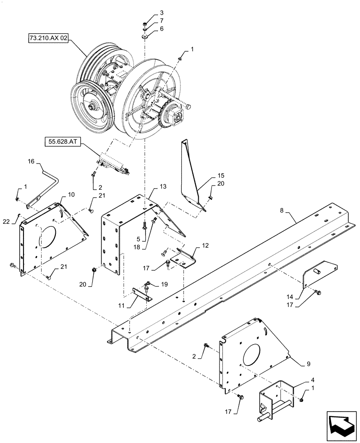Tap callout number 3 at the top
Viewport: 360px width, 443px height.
pos(149,12)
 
